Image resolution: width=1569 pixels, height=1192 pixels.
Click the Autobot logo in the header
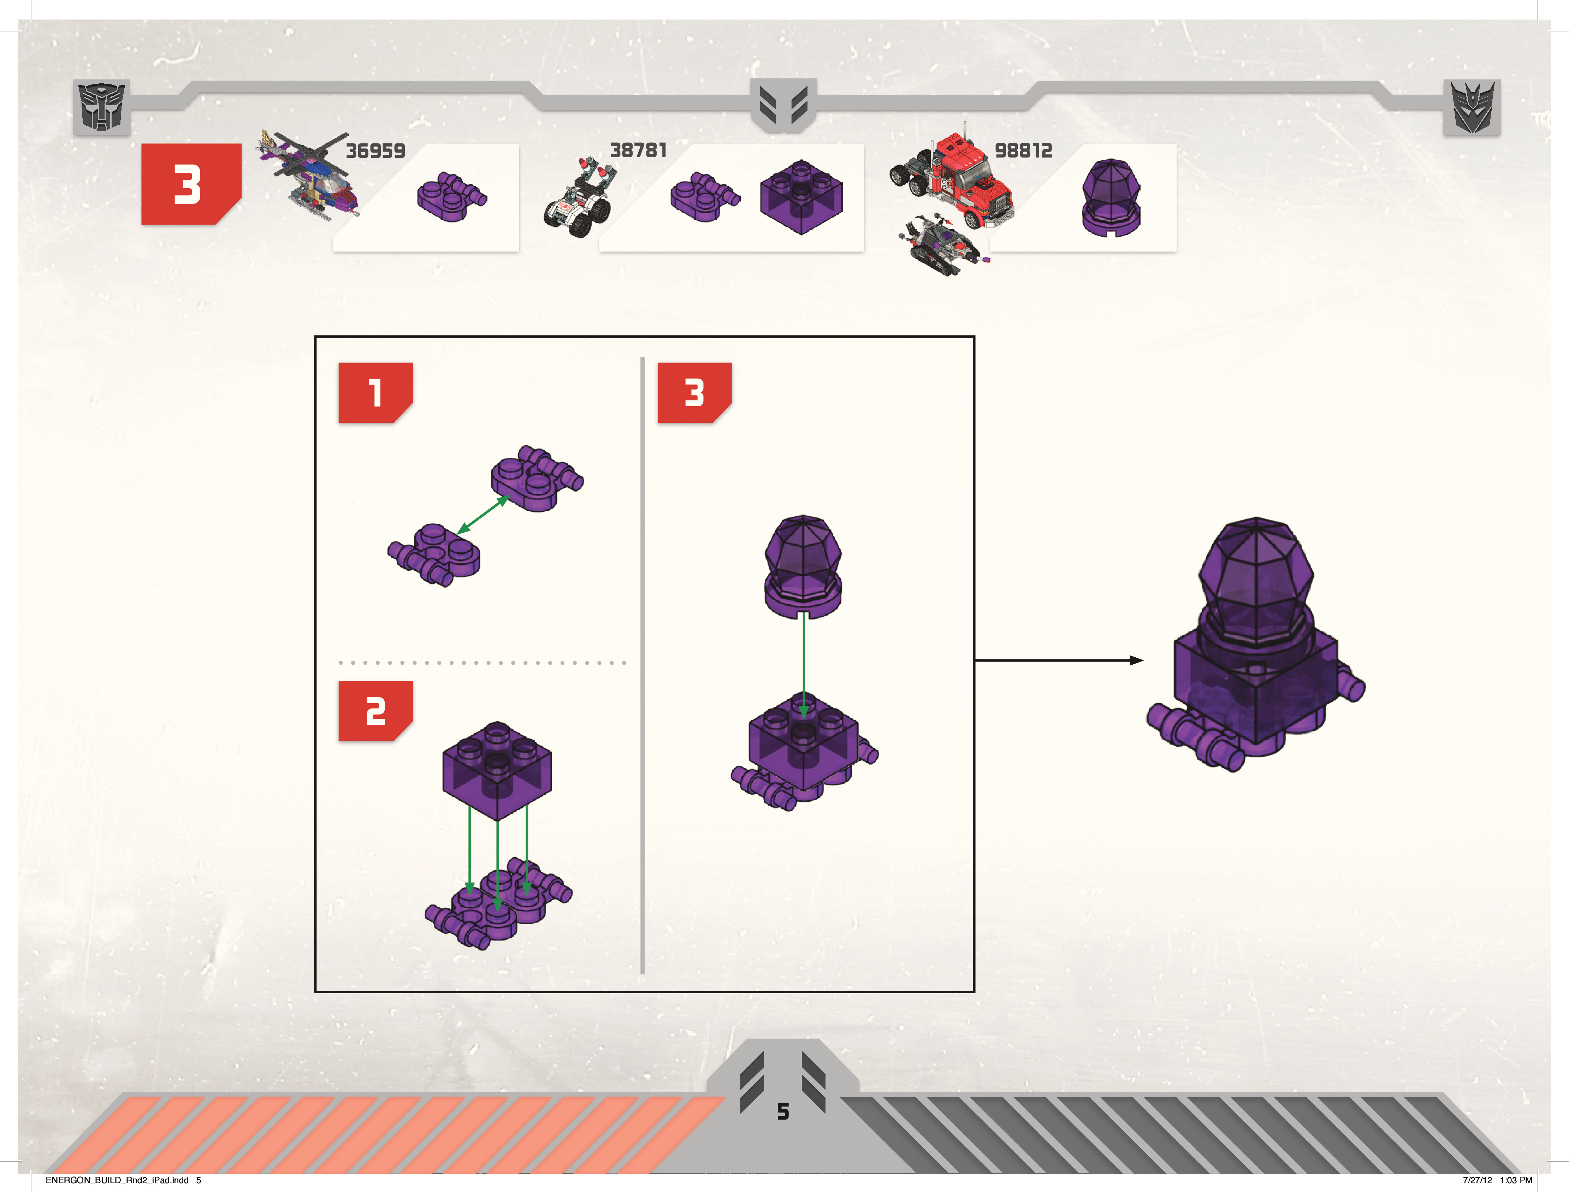101,107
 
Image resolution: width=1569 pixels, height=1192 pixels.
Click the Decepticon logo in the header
1472,107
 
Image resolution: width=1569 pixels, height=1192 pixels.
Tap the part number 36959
375,150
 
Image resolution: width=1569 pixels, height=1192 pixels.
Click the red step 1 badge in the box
375,392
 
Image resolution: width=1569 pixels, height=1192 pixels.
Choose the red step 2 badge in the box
375,711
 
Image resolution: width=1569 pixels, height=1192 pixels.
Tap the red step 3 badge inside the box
695,392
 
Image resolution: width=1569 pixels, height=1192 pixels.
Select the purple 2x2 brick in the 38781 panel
801,196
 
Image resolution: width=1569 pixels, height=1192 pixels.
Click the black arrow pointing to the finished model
1059,660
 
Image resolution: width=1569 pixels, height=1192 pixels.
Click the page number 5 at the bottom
783,1111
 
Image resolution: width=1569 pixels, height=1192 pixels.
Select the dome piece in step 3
803,566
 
